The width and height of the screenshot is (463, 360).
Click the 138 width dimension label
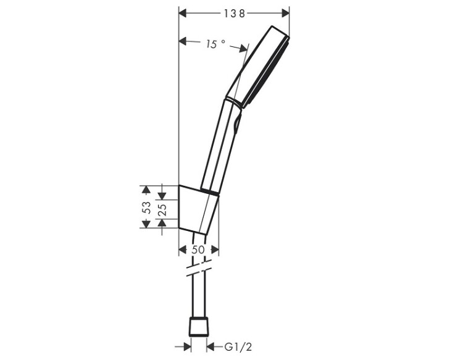coord(234,14)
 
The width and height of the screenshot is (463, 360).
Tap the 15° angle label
coord(215,44)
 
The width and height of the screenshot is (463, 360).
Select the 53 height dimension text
coord(146,207)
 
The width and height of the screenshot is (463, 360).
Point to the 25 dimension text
coord(163,209)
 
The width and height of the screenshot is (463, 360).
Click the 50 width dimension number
coord(198,249)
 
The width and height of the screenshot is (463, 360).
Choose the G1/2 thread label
coord(238,347)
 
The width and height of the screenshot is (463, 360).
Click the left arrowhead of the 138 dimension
coord(183,14)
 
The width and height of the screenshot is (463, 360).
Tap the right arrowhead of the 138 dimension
coord(285,14)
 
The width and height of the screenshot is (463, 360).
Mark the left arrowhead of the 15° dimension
coord(183,41)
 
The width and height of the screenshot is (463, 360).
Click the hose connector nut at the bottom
coord(199,327)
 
